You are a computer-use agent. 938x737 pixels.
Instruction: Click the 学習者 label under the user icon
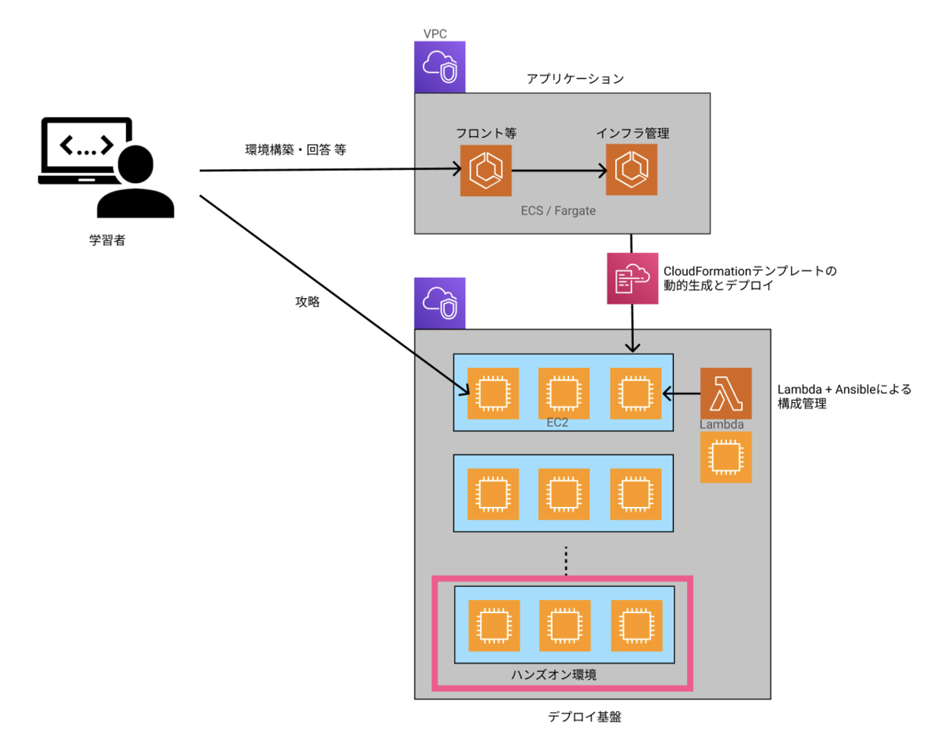[106, 241]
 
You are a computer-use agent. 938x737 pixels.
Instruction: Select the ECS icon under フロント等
[485, 170]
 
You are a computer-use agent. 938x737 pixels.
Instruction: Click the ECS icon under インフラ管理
[632, 170]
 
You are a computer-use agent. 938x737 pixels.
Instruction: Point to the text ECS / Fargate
[558, 211]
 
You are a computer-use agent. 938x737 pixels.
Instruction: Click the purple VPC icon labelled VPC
[439, 67]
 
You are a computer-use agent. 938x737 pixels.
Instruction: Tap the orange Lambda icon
[726, 394]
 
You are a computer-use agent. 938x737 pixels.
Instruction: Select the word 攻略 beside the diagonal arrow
[307, 301]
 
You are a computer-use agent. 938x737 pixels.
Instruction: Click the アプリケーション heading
[575, 79]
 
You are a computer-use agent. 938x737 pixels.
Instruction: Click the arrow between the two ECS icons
[558, 170]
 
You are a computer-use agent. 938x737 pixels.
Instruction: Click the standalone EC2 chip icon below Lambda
[726, 457]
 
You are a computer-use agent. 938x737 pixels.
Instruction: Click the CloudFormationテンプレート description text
[750, 279]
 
